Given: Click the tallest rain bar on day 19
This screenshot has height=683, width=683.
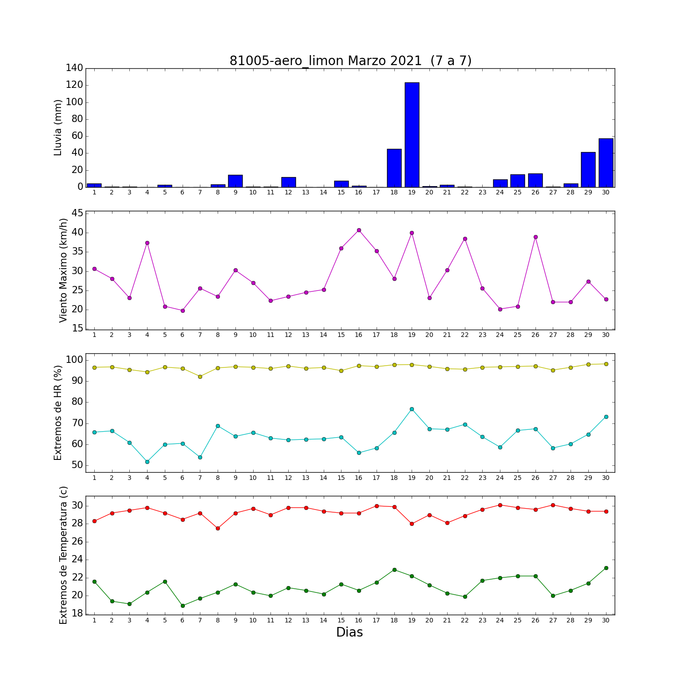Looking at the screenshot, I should coord(412,135).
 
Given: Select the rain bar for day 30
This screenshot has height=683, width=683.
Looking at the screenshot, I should coord(606,163).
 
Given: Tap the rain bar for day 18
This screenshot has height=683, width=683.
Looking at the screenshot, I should coord(394,168).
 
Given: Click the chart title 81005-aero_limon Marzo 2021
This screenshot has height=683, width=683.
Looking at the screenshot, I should coord(350,61).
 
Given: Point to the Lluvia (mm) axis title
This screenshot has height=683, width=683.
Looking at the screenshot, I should coord(58,127).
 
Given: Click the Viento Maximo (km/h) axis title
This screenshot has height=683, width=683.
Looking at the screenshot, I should coord(63,270).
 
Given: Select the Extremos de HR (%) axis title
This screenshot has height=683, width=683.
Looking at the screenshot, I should coord(58,413).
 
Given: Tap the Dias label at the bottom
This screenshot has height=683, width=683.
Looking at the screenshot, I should coord(349,632).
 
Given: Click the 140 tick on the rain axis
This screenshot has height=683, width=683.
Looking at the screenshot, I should coord(74,68).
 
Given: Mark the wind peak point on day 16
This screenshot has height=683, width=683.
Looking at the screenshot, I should coord(359,230).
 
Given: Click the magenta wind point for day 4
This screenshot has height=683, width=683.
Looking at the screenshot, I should coord(147,243).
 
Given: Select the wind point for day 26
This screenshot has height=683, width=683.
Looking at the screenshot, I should coord(535,237).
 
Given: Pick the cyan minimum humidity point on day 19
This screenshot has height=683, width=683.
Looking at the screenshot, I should coord(412,409).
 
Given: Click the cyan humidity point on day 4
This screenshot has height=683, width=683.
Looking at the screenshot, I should coord(147,462).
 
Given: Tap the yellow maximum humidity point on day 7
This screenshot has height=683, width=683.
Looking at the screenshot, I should coord(200,377).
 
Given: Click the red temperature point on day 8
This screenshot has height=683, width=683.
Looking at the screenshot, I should coord(218,528).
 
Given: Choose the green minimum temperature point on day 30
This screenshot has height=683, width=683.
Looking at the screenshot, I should coord(606,568).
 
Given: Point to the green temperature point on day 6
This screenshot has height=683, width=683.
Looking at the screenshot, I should coord(183,606).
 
